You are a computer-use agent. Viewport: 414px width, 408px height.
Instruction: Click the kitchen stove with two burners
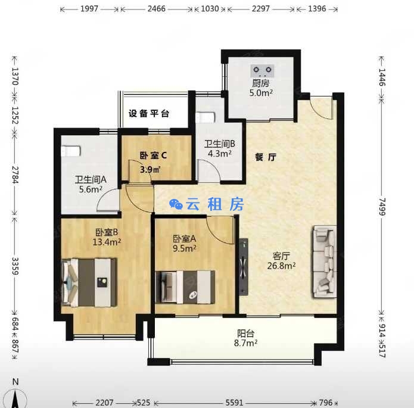(x=262, y=71)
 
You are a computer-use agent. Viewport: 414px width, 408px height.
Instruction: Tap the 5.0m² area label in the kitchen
(x=261, y=93)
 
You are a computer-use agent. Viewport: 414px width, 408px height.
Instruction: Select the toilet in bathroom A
(x=71, y=151)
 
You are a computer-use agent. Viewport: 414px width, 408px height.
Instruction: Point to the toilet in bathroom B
(x=205, y=117)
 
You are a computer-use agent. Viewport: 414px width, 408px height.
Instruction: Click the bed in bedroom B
(x=89, y=282)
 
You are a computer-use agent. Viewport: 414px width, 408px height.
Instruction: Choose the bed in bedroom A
(x=185, y=287)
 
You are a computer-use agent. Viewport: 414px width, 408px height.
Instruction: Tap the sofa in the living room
(x=325, y=261)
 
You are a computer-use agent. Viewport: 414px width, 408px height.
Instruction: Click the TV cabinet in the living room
(x=244, y=267)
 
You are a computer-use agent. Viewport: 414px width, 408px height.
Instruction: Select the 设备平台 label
(x=149, y=114)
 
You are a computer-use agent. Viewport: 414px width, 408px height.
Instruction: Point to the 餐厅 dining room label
(x=266, y=157)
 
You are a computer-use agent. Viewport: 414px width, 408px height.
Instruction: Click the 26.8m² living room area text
(x=281, y=266)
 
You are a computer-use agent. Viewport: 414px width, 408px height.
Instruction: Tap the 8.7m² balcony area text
(x=245, y=342)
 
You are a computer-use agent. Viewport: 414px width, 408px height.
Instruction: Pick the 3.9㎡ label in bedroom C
(x=151, y=169)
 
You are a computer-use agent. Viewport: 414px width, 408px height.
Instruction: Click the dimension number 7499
(x=382, y=207)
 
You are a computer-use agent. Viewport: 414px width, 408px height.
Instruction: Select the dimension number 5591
(x=234, y=403)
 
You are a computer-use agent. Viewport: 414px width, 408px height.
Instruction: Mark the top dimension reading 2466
(x=156, y=9)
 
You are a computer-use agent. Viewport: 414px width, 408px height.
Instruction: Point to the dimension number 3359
(x=15, y=266)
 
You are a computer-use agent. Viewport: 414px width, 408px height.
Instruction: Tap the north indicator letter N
(x=15, y=382)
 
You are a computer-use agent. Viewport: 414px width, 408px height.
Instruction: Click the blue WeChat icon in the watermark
(x=176, y=204)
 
